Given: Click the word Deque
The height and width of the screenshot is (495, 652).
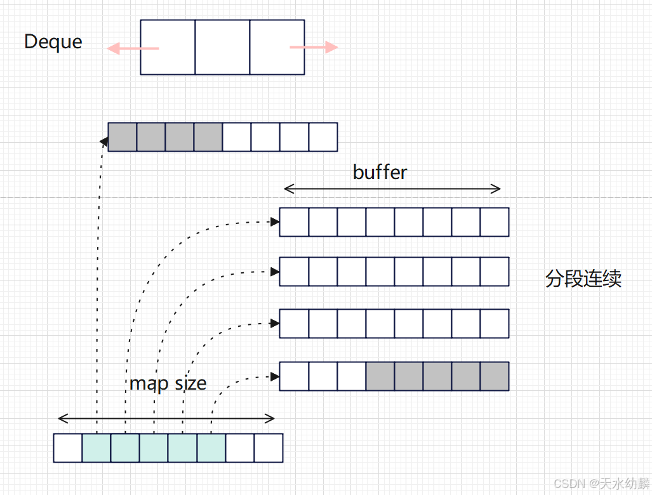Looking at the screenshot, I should click(x=53, y=42).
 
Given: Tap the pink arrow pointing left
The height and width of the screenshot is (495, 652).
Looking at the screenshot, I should click(x=132, y=48).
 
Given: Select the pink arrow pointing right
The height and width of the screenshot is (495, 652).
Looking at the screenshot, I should click(x=314, y=47).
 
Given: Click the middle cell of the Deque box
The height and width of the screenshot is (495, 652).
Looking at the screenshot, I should click(x=222, y=47).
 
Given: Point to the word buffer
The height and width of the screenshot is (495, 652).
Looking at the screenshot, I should click(x=380, y=171).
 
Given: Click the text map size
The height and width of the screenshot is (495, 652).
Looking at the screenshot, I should click(x=168, y=383).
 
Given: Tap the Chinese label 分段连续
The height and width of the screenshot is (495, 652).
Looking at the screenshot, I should click(x=583, y=279).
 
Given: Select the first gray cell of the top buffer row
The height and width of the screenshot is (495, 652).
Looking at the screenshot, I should click(x=123, y=137).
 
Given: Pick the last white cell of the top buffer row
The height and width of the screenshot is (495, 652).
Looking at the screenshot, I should click(x=323, y=137).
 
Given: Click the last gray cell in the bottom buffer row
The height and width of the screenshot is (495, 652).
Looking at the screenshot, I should click(x=495, y=376).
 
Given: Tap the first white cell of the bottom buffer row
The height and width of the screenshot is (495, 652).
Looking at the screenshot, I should click(x=294, y=376).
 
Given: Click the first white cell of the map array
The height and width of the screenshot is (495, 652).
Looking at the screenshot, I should click(x=68, y=447).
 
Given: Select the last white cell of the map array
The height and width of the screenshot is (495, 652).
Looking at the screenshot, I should click(x=269, y=447).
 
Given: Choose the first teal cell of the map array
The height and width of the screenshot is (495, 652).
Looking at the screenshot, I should click(x=96, y=447).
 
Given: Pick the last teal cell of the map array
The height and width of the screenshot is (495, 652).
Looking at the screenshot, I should click(x=211, y=447).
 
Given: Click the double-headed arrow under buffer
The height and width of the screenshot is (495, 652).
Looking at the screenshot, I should click(x=392, y=188).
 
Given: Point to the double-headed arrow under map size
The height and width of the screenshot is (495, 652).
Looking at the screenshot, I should click(x=166, y=418).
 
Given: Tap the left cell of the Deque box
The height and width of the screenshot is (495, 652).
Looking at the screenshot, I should click(x=168, y=47).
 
